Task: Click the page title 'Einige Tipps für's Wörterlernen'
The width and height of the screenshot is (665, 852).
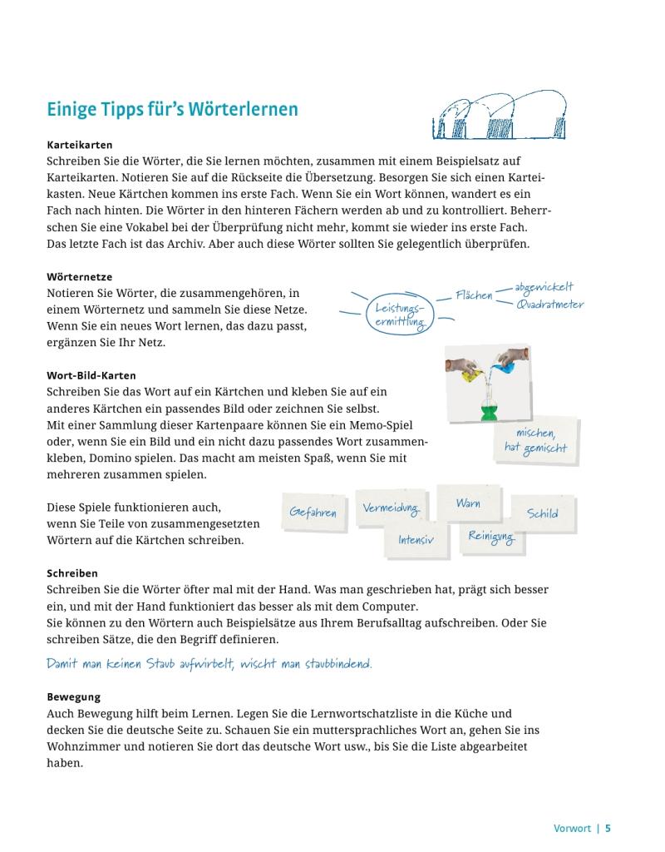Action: (x=172, y=111)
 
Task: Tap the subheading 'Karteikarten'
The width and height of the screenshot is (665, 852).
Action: (x=80, y=144)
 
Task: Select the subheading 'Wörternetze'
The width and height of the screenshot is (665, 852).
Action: (x=79, y=276)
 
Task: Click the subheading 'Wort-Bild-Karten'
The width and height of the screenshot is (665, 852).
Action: (x=91, y=375)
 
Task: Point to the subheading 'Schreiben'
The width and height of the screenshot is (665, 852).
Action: (x=72, y=573)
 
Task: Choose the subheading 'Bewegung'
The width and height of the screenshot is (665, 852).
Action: (x=73, y=697)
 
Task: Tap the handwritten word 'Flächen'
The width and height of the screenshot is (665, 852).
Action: (x=474, y=295)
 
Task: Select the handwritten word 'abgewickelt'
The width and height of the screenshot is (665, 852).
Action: (x=544, y=288)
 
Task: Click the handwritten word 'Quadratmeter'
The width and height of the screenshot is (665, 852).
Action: (x=549, y=305)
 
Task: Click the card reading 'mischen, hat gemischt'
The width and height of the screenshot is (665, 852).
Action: (x=535, y=441)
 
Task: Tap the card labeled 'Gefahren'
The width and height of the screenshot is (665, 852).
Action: (x=313, y=513)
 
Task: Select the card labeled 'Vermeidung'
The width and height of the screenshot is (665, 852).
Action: (x=391, y=508)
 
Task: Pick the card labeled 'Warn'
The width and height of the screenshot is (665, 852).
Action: (x=468, y=503)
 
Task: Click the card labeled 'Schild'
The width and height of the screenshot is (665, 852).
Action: (x=542, y=513)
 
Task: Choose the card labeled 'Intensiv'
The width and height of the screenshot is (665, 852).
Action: (x=416, y=540)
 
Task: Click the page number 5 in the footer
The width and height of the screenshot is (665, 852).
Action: (x=608, y=828)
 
